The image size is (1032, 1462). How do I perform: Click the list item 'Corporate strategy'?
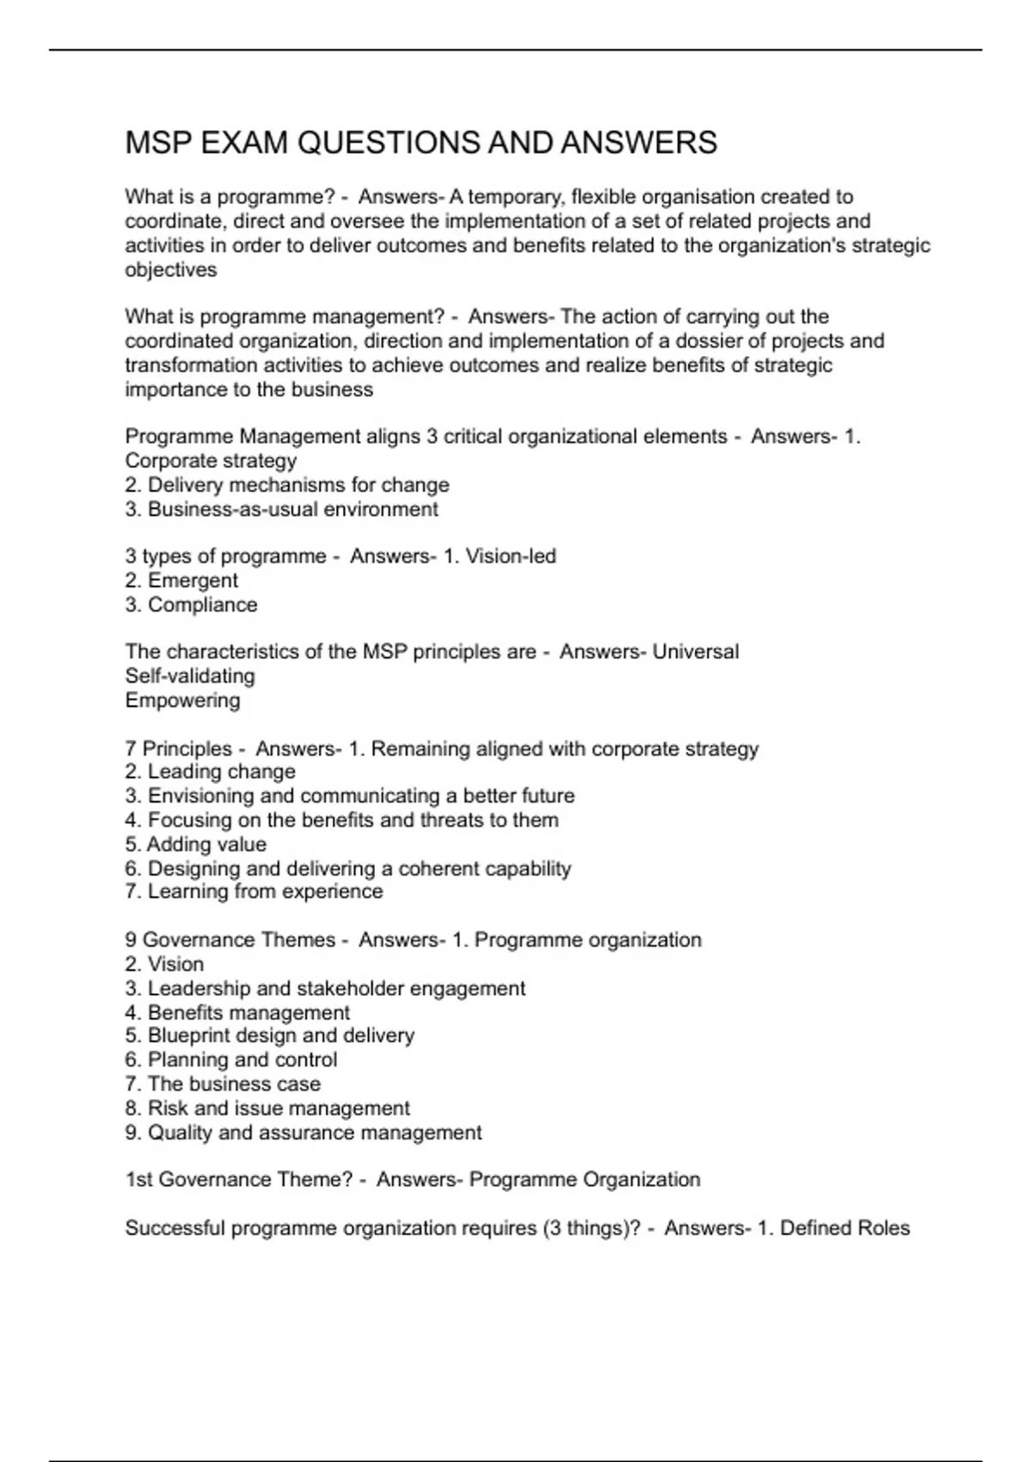(211, 461)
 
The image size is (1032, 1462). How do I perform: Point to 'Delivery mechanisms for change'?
(298, 485)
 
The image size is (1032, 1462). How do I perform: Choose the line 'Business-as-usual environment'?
(292, 509)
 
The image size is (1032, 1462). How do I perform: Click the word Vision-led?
(511, 556)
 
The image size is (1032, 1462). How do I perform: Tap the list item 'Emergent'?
(193, 580)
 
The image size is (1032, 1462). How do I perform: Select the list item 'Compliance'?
(202, 605)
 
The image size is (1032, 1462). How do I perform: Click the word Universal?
(695, 652)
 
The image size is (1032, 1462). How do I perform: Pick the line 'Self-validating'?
(190, 676)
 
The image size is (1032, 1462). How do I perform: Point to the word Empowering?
(182, 700)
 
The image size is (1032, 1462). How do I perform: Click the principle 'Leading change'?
(221, 771)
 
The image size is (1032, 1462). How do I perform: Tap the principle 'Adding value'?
(206, 844)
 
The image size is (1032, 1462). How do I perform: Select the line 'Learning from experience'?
(265, 891)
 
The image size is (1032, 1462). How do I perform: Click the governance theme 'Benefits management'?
(249, 1012)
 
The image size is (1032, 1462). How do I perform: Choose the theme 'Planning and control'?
(242, 1060)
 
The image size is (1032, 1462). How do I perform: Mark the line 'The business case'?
(234, 1084)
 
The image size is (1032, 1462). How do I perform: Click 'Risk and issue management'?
(279, 1108)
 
